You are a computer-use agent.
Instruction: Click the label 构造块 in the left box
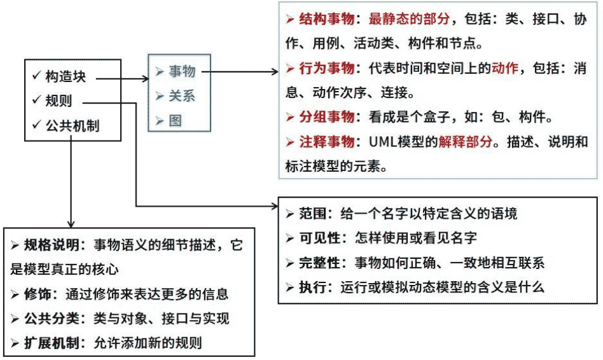click(65, 77)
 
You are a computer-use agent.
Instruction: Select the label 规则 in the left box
click(59, 100)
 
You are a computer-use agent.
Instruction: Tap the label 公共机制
click(73, 125)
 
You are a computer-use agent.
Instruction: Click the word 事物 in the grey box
click(182, 71)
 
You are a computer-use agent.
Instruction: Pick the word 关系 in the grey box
click(182, 95)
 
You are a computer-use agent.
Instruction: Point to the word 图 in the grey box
click(175, 120)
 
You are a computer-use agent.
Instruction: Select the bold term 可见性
click(321, 237)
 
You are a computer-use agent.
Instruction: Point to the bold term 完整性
click(321, 262)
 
